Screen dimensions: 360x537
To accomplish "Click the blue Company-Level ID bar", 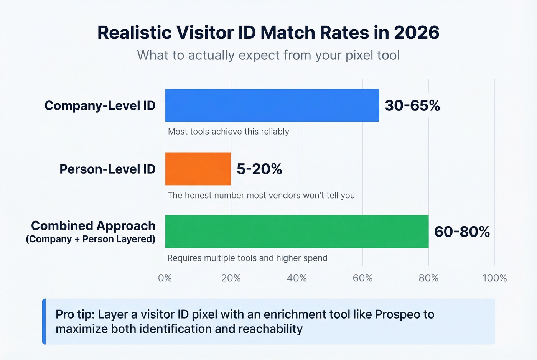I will [x=272, y=105].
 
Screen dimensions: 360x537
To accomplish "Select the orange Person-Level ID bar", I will [x=198, y=169].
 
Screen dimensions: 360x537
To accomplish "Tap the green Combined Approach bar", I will [x=297, y=232].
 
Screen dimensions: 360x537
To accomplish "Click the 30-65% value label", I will [x=412, y=105].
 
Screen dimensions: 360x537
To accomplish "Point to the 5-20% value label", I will [x=259, y=169].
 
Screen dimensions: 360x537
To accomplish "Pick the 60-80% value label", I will [x=462, y=232].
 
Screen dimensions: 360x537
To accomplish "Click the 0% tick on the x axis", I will [x=165, y=278].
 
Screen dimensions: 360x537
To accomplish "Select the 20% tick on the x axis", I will [x=231, y=278].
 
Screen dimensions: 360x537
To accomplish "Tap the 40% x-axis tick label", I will [x=297, y=278].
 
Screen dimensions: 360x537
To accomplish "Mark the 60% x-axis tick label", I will [x=363, y=278].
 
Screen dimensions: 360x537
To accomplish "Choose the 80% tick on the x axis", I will [x=428, y=278].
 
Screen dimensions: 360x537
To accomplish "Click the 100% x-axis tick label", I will [x=494, y=278].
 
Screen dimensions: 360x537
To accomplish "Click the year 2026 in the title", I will [x=417, y=33].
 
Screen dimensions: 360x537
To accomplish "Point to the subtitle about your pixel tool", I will [x=268, y=55].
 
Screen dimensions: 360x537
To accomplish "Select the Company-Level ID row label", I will [x=100, y=105].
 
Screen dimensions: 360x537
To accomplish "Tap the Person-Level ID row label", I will [x=107, y=169].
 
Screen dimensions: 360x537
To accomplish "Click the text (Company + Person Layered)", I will [x=91, y=239].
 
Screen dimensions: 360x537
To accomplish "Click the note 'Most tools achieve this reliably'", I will [x=229, y=132].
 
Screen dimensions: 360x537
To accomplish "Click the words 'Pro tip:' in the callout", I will [x=75, y=314].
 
